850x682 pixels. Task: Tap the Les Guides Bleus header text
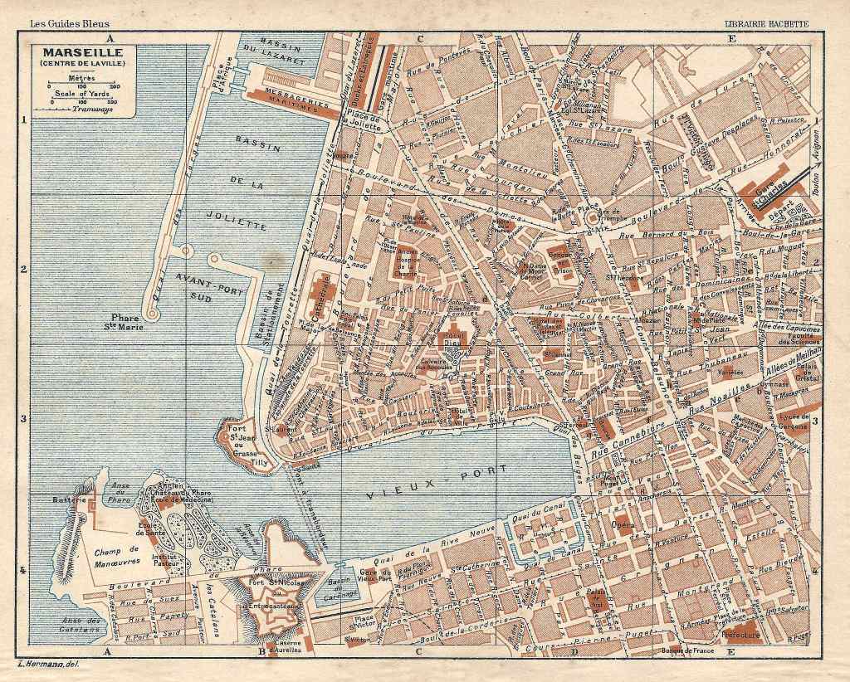pyautogui.click(x=70, y=24)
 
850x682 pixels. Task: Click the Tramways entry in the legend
pyautogui.click(x=93, y=109)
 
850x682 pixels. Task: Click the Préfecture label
pyautogui.click(x=741, y=633)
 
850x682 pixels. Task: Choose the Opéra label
pyautogui.click(x=623, y=525)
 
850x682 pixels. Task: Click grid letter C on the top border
pyautogui.click(x=420, y=38)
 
